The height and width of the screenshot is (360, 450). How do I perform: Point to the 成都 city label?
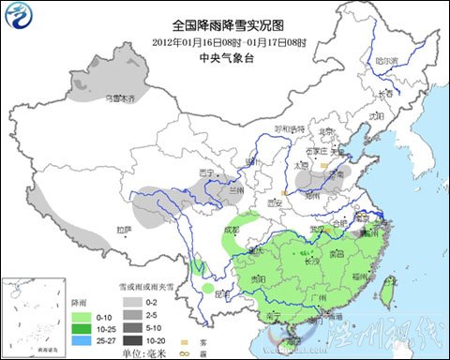pyautogui.click(x=231, y=228)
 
